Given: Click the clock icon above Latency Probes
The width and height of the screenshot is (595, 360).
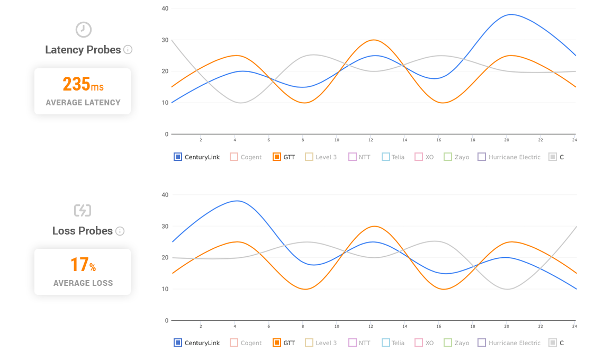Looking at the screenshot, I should click(x=83, y=30).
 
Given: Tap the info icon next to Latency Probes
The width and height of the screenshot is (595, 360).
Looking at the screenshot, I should click(x=128, y=50).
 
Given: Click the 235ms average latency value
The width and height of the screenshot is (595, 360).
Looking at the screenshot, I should click(x=83, y=84).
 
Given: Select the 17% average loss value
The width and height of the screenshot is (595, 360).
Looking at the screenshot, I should click(x=83, y=265).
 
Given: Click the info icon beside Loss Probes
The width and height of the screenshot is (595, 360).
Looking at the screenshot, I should click(x=120, y=231).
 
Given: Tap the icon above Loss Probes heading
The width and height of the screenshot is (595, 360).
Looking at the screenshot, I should click(x=83, y=211).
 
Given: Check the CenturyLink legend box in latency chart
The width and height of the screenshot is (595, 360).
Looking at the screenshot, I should click(x=178, y=157).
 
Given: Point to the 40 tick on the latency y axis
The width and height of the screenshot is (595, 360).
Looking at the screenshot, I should click(x=165, y=8).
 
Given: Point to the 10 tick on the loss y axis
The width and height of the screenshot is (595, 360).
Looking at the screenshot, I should click(x=165, y=289).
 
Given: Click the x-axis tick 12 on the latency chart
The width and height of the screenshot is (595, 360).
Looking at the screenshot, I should click(x=371, y=140).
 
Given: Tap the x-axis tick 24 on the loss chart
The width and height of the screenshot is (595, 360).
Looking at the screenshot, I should click(x=574, y=326).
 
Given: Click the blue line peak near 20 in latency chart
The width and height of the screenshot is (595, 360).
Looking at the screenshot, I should click(x=510, y=14).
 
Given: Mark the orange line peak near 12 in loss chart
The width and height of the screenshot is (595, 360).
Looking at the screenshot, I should click(x=374, y=226).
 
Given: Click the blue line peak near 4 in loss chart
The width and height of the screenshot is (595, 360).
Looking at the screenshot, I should click(x=237, y=201).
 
